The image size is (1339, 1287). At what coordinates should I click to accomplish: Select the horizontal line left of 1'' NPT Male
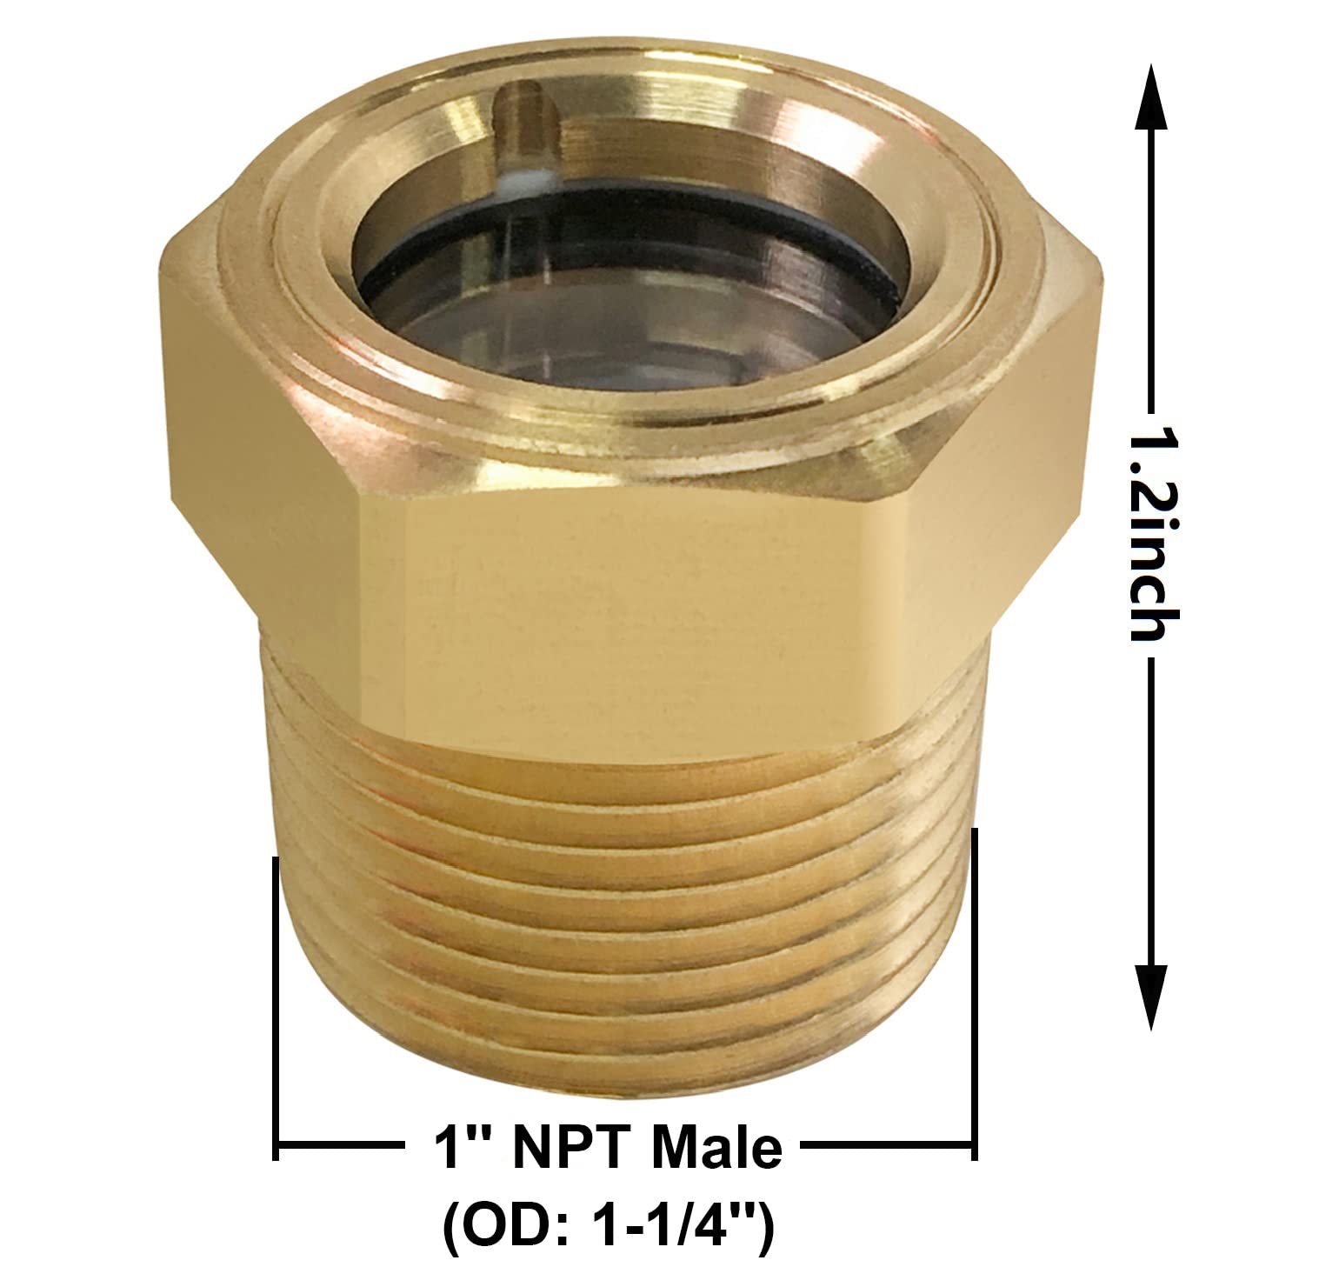tap(343, 1148)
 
